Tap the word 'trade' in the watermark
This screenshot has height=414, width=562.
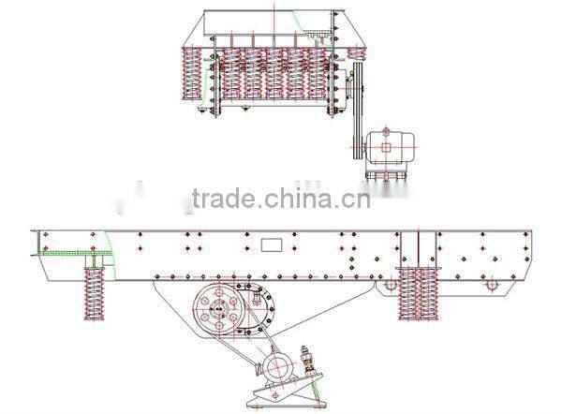click(221, 199)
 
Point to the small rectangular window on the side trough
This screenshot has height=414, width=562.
click(272, 244)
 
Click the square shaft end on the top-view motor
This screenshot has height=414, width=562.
click(385, 145)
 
